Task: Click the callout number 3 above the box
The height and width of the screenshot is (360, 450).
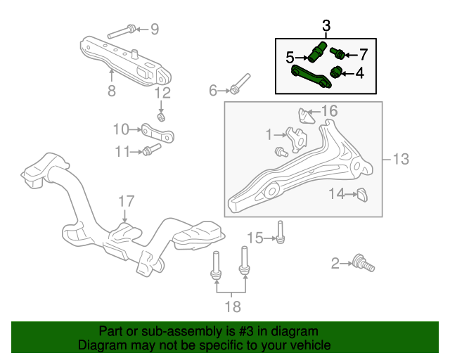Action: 326,26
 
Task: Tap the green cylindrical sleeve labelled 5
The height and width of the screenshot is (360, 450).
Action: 317,51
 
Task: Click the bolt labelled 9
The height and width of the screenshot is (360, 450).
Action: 122,32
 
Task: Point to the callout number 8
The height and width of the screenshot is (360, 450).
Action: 112,91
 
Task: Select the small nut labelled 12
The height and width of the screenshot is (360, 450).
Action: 161,117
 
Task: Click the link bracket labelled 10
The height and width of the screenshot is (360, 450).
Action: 157,133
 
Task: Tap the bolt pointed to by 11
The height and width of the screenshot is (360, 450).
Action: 152,149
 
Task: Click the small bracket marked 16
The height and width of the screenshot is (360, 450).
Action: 306,116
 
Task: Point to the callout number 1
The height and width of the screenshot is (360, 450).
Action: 269,134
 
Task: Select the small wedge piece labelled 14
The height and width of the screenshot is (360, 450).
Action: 363,195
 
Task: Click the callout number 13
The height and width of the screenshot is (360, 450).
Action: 400,159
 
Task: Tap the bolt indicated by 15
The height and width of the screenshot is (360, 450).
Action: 281,232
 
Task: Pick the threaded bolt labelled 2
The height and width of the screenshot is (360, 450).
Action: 364,263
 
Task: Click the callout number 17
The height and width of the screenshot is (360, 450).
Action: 127,201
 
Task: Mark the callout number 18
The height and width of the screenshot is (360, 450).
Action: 233,307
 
